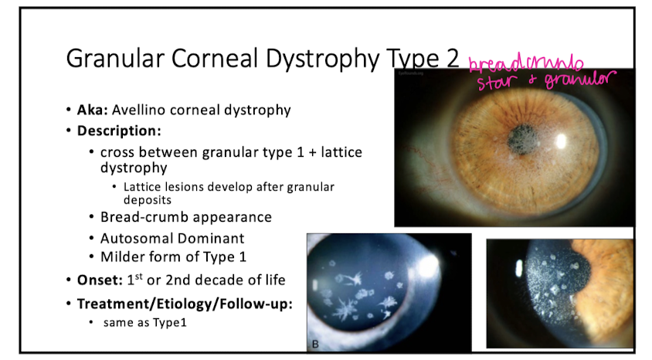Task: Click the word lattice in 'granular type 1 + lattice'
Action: tap(341, 151)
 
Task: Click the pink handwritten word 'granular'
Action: tap(576, 80)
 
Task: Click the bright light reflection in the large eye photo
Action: tap(561, 142)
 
